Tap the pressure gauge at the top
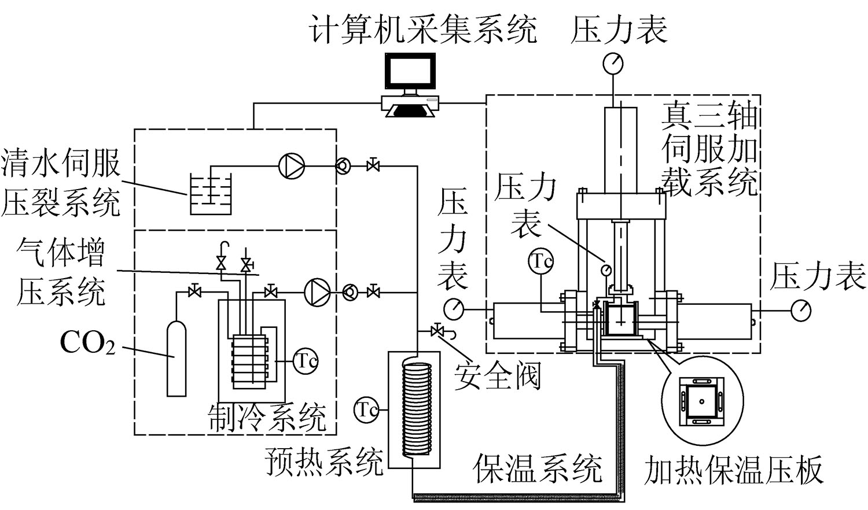613,63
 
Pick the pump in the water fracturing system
290,166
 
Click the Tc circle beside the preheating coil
366,409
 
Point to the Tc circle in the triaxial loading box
540,261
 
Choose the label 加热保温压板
733,470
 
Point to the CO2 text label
87,344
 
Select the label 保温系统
538,468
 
